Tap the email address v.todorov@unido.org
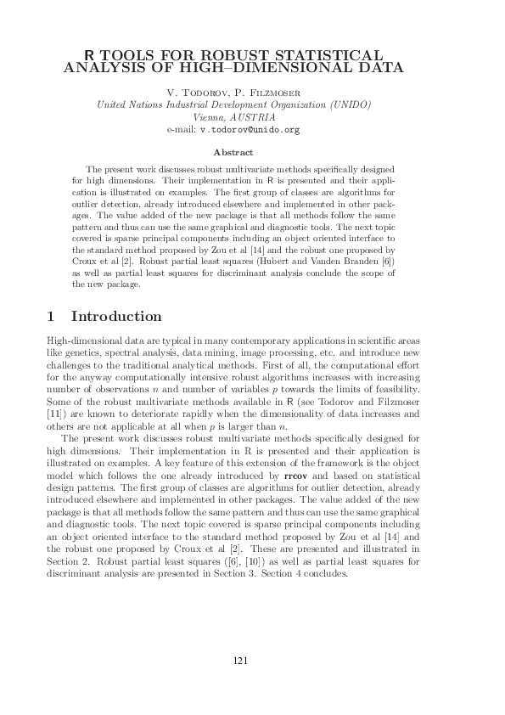[250, 131]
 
